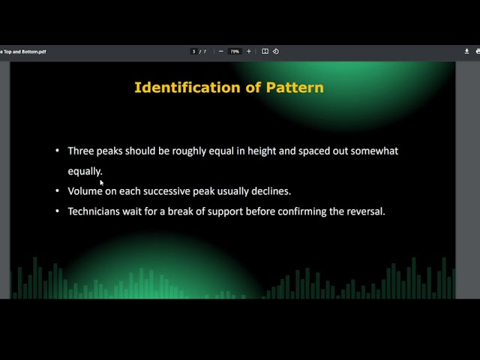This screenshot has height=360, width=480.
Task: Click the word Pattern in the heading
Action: (x=295, y=88)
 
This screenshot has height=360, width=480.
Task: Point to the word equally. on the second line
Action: (x=85, y=171)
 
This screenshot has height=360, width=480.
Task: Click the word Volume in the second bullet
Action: (x=85, y=191)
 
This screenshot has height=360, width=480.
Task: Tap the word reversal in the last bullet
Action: (x=364, y=211)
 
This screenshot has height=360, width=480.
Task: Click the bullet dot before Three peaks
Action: (x=58, y=151)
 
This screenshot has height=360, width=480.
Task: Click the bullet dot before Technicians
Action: (x=58, y=211)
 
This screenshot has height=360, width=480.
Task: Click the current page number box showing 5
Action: (x=194, y=52)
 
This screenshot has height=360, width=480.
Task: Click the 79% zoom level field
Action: (x=235, y=52)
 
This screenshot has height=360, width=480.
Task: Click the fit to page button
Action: (x=265, y=52)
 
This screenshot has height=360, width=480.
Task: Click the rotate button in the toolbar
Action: (x=275, y=52)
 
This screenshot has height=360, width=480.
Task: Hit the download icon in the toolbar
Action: (x=466, y=52)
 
